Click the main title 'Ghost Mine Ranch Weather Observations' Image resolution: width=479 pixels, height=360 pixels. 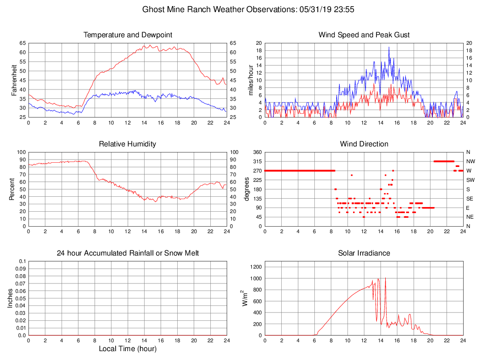[x=217, y=9]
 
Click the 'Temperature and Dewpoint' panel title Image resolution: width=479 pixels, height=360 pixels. [x=128, y=35]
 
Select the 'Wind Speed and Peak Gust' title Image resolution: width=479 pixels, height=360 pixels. [x=364, y=35]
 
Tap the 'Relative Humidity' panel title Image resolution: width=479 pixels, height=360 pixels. [x=128, y=144]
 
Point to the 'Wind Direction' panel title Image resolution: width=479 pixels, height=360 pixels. [x=364, y=144]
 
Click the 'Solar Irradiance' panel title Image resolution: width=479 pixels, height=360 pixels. [x=364, y=253]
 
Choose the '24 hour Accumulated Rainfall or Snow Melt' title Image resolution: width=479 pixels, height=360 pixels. [x=128, y=253]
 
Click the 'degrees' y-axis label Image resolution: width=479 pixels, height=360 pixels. [x=247, y=189]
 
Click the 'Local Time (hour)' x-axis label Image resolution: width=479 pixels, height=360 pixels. [x=128, y=349]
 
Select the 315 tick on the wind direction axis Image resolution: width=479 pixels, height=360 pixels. [x=256, y=161]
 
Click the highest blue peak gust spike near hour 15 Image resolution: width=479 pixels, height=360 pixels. [x=389, y=47]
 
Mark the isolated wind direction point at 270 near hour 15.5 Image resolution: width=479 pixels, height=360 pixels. [x=393, y=171]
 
